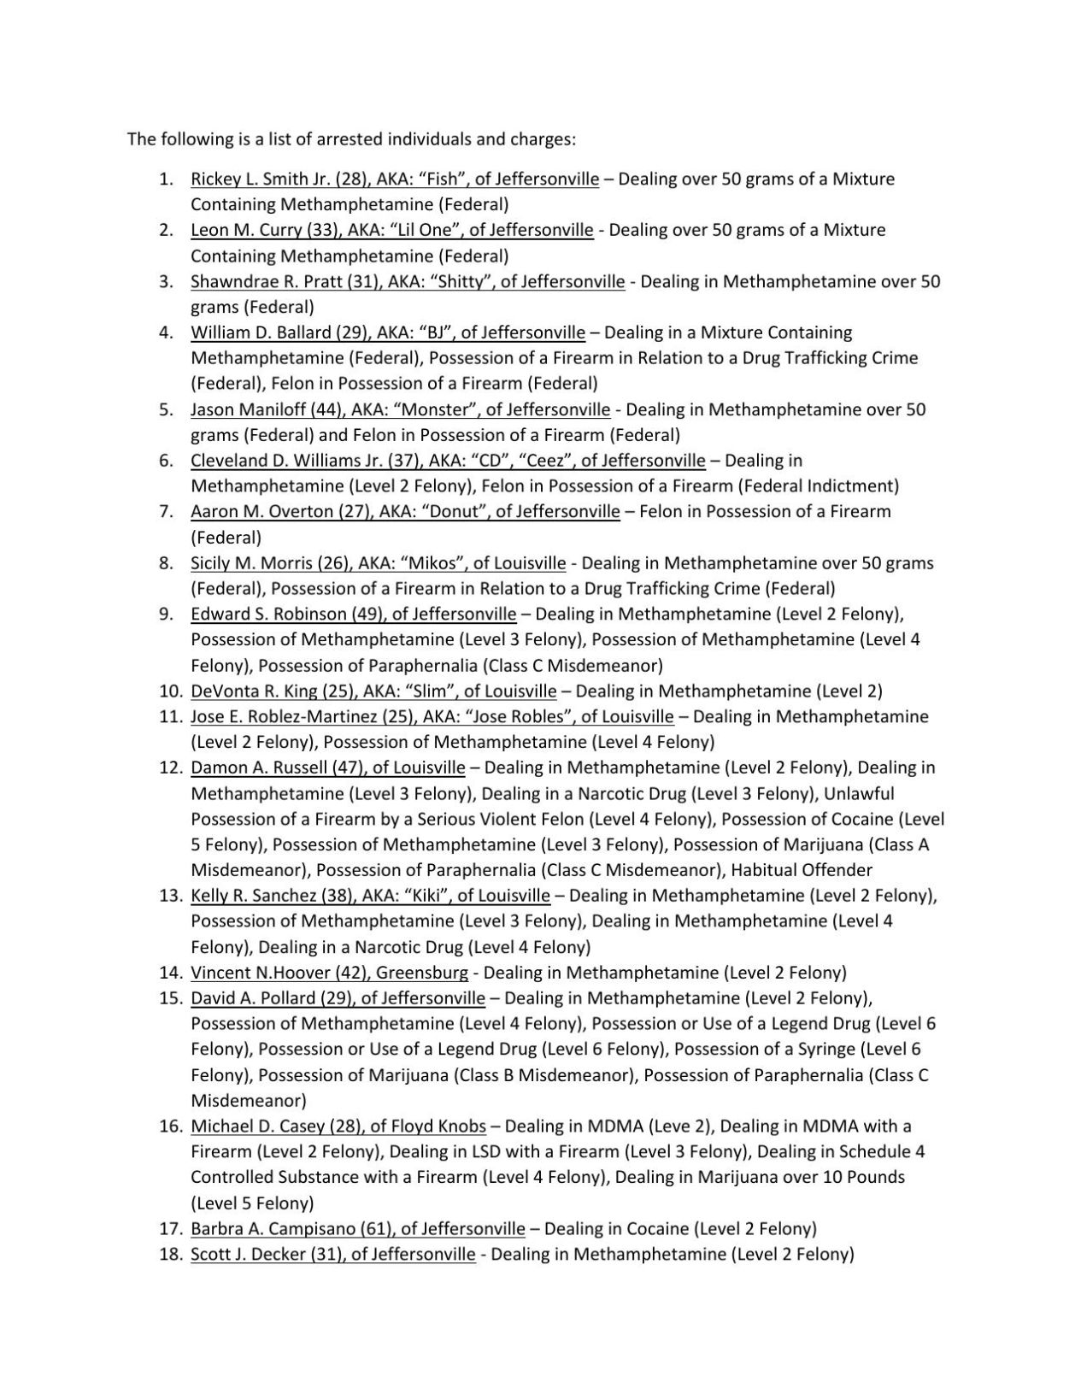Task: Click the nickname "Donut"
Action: tap(449, 512)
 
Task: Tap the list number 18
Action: tap(169, 1255)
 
